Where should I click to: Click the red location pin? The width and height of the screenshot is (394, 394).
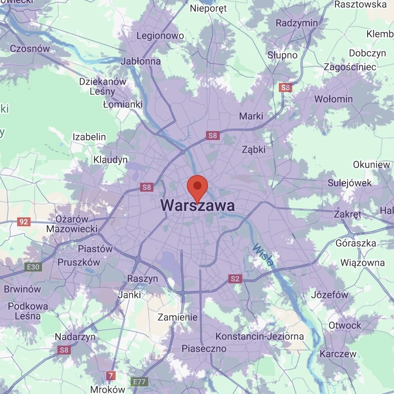click(x=197, y=187)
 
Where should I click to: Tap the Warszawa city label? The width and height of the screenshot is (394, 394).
click(x=198, y=206)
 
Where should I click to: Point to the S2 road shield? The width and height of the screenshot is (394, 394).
click(x=235, y=279)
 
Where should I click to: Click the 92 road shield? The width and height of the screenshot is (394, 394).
click(x=24, y=222)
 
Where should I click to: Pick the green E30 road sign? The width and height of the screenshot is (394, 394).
click(x=33, y=267)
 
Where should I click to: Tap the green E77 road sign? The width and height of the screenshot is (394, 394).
click(x=139, y=382)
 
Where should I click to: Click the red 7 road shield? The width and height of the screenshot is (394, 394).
click(x=111, y=375)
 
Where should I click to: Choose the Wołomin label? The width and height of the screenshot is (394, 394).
click(x=333, y=99)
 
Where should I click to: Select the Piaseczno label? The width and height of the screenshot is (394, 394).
click(x=204, y=349)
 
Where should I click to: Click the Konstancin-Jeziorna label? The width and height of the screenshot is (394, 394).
click(x=260, y=336)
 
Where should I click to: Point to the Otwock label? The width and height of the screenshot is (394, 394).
click(x=345, y=325)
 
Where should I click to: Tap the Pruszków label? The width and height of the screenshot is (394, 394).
click(x=79, y=262)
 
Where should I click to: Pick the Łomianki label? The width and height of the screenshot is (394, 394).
click(x=123, y=104)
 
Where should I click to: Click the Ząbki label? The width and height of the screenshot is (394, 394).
click(x=254, y=150)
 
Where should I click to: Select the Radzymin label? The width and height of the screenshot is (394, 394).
click(x=297, y=23)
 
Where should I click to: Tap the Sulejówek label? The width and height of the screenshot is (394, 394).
click(x=350, y=183)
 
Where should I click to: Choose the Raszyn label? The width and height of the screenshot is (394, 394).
click(x=142, y=279)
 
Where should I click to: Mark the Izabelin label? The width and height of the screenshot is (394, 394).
click(x=89, y=137)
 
